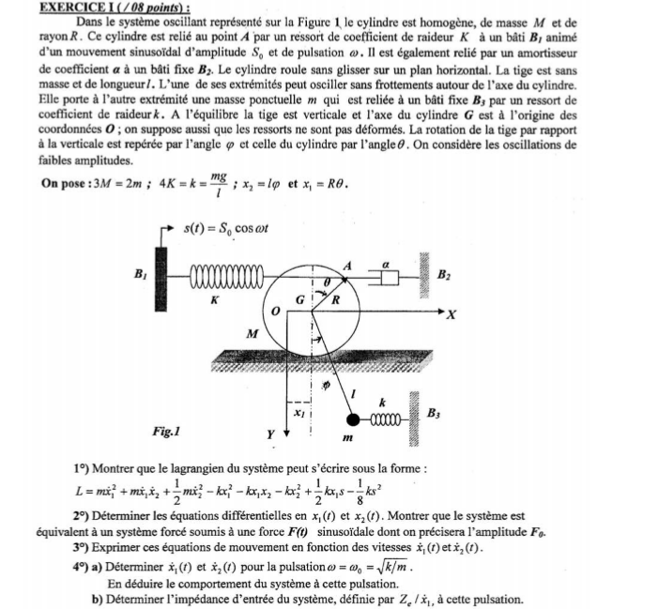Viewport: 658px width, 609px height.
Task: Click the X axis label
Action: tap(457, 314)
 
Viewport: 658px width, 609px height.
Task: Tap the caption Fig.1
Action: tap(164, 433)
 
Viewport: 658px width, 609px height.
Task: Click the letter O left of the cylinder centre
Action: tap(275, 309)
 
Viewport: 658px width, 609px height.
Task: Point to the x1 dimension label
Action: tap(298, 411)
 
